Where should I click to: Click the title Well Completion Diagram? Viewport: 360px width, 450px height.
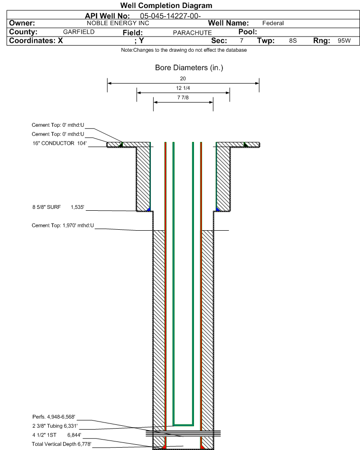[x=166, y=5]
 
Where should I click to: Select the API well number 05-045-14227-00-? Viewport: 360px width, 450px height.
[x=170, y=16]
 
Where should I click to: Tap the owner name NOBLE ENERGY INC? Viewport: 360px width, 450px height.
[x=118, y=23]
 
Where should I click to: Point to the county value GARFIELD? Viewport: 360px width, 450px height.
[x=79, y=32]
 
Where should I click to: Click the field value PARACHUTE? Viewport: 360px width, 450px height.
[x=192, y=33]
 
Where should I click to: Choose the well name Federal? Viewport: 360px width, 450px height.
[x=273, y=23]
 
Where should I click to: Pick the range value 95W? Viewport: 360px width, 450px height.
[x=344, y=40]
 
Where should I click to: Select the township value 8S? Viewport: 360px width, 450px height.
[x=293, y=40]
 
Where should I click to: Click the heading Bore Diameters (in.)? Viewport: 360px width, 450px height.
[x=189, y=68]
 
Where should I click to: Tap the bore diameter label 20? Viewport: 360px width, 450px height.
[x=183, y=78]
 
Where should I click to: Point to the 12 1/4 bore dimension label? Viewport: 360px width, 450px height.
[x=183, y=88]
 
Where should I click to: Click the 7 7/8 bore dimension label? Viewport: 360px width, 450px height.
[x=183, y=98]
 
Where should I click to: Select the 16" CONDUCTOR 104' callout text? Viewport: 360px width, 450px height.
[x=59, y=143]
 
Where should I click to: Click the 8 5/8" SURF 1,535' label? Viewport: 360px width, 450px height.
[x=58, y=207]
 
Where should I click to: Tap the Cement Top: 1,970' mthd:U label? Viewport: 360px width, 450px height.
[x=63, y=225]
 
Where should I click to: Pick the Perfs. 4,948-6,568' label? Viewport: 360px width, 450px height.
[x=54, y=417]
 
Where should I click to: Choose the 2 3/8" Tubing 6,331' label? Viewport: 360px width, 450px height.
[x=55, y=426]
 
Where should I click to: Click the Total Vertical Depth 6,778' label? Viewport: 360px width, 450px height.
[x=61, y=444]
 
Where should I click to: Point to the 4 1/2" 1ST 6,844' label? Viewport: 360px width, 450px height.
[x=57, y=435]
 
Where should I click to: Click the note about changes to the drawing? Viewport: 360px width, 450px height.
[x=184, y=50]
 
